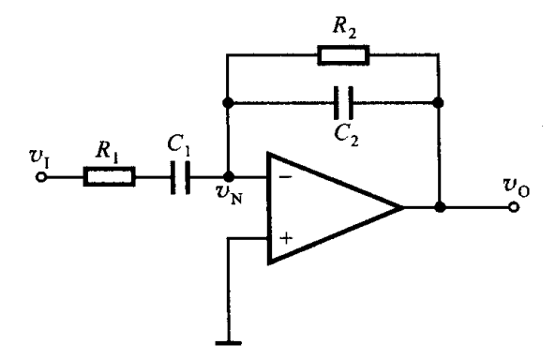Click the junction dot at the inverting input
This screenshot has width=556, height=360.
click(228, 175)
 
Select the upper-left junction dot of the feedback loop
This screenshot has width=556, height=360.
click(228, 100)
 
